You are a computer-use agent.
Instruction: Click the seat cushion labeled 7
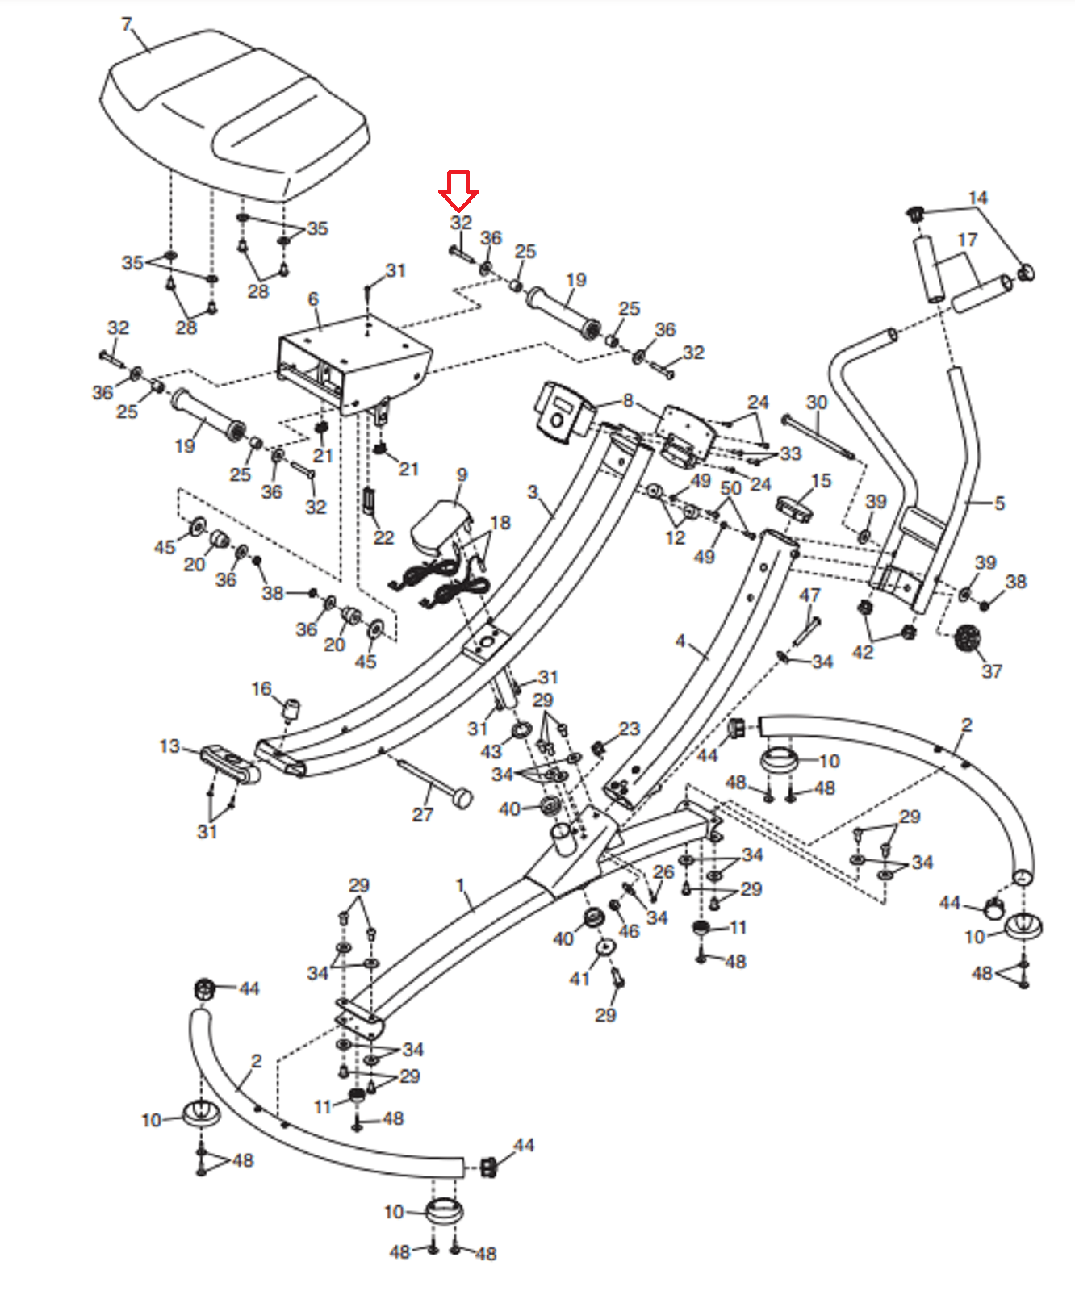(x=234, y=113)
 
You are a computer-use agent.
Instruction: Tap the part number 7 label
(x=126, y=25)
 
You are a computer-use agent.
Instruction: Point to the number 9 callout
(x=462, y=475)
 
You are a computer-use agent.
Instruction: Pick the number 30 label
(x=817, y=403)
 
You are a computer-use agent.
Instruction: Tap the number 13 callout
(x=169, y=746)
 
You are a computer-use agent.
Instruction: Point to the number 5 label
(x=999, y=503)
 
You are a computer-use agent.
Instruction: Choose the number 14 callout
(x=977, y=198)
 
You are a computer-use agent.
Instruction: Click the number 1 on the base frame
(x=460, y=886)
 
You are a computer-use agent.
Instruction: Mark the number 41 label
(x=579, y=979)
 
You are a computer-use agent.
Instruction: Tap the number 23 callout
(x=630, y=729)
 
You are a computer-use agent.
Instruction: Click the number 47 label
(x=809, y=595)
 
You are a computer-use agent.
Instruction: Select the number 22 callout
(x=383, y=537)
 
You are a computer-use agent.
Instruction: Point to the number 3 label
(x=532, y=492)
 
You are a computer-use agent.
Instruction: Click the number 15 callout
(x=822, y=481)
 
